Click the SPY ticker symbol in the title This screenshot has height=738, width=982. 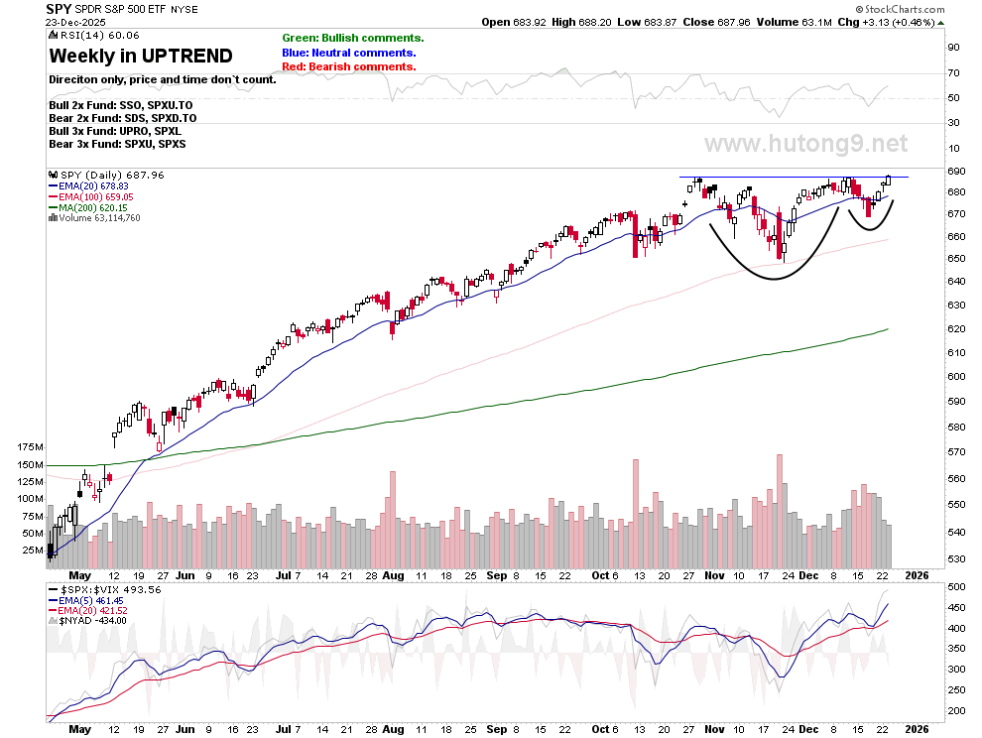[x=59, y=9]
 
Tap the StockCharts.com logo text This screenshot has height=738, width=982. [x=901, y=9]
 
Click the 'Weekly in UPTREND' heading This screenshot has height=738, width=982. [x=141, y=56]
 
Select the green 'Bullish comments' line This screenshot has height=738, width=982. [x=352, y=39]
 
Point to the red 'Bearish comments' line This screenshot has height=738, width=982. [x=349, y=66]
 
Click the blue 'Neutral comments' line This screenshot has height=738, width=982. [x=349, y=53]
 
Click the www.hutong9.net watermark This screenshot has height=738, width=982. [x=806, y=144]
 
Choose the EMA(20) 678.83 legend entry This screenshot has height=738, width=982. [x=88, y=186]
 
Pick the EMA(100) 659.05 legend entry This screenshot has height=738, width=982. [x=91, y=196]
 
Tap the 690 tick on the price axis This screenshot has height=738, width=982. [x=956, y=171]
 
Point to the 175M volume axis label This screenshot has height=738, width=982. [x=30, y=447]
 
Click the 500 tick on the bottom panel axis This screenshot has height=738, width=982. [x=956, y=587]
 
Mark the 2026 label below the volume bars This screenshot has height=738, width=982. [x=917, y=575]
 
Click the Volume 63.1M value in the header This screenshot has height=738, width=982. [x=795, y=22]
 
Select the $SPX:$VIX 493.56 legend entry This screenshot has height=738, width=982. [x=104, y=589]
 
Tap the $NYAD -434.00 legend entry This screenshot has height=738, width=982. [x=87, y=621]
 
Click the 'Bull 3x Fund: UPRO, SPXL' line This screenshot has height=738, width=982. [x=115, y=131]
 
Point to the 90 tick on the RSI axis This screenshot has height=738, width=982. [x=954, y=48]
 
